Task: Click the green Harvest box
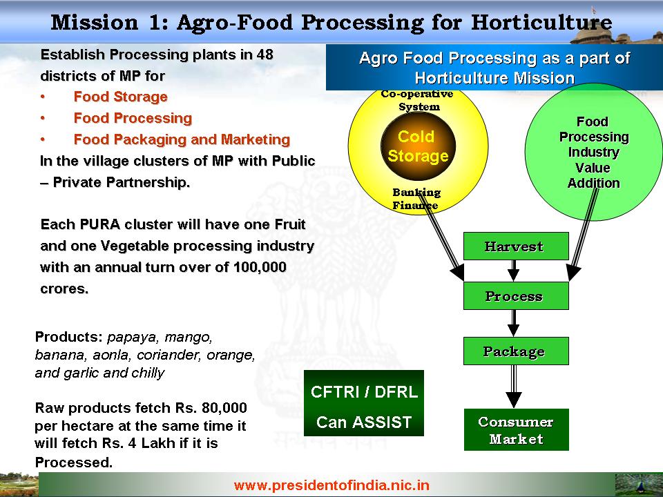(x=516, y=246)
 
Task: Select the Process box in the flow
(x=516, y=296)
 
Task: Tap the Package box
(x=516, y=351)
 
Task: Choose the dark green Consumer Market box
(x=517, y=429)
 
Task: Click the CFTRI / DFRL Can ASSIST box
(x=364, y=403)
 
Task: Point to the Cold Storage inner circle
(x=419, y=146)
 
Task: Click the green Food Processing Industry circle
(x=594, y=152)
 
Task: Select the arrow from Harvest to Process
(x=513, y=271)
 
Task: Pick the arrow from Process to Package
(x=513, y=323)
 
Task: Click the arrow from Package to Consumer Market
(x=514, y=387)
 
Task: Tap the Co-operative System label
(x=417, y=100)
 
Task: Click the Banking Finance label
(x=416, y=199)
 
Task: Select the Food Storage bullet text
(x=120, y=97)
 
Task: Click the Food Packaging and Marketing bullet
(x=182, y=139)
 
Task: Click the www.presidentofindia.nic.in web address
(x=331, y=485)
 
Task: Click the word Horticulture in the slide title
(x=541, y=22)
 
